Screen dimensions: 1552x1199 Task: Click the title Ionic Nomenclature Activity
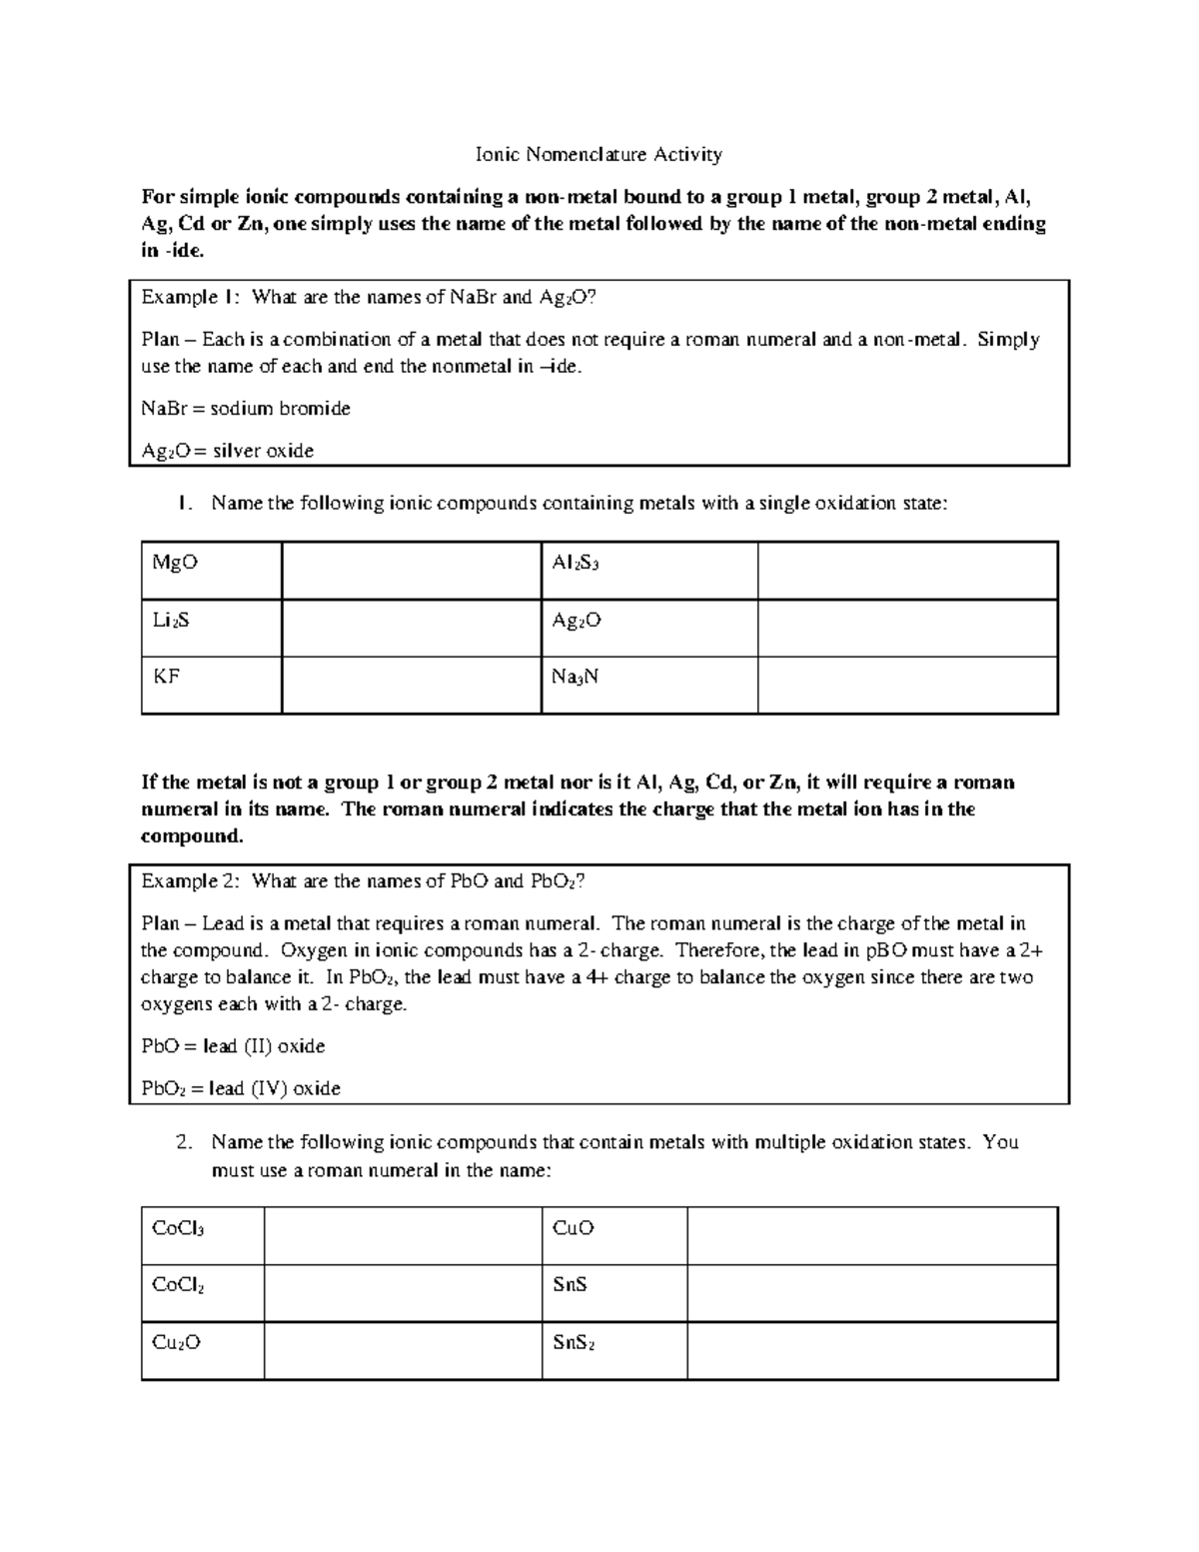pos(599,154)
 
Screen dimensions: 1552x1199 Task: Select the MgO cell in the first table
pos(175,563)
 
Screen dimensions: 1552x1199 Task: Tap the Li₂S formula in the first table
pos(170,621)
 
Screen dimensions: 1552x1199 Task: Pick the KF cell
pos(166,677)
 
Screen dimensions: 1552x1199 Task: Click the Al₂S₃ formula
pos(576,564)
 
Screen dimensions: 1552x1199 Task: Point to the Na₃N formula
pos(576,678)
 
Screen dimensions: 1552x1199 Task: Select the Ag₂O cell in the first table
pos(577,621)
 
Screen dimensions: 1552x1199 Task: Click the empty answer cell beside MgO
pos(411,571)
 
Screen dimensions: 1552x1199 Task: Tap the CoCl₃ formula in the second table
pos(178,1228)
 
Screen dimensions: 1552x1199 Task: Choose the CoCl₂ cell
pos(178,1285)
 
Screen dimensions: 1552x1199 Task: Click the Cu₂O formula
pos(176,1343)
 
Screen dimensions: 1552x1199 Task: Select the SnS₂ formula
pos(574,1343)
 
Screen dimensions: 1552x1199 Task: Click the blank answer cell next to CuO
pos(871,1235)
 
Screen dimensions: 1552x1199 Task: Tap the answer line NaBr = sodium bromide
pos(246,409)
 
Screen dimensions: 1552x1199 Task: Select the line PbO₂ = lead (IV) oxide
pos(241,1088)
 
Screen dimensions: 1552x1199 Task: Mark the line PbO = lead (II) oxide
pos(233,1046)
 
